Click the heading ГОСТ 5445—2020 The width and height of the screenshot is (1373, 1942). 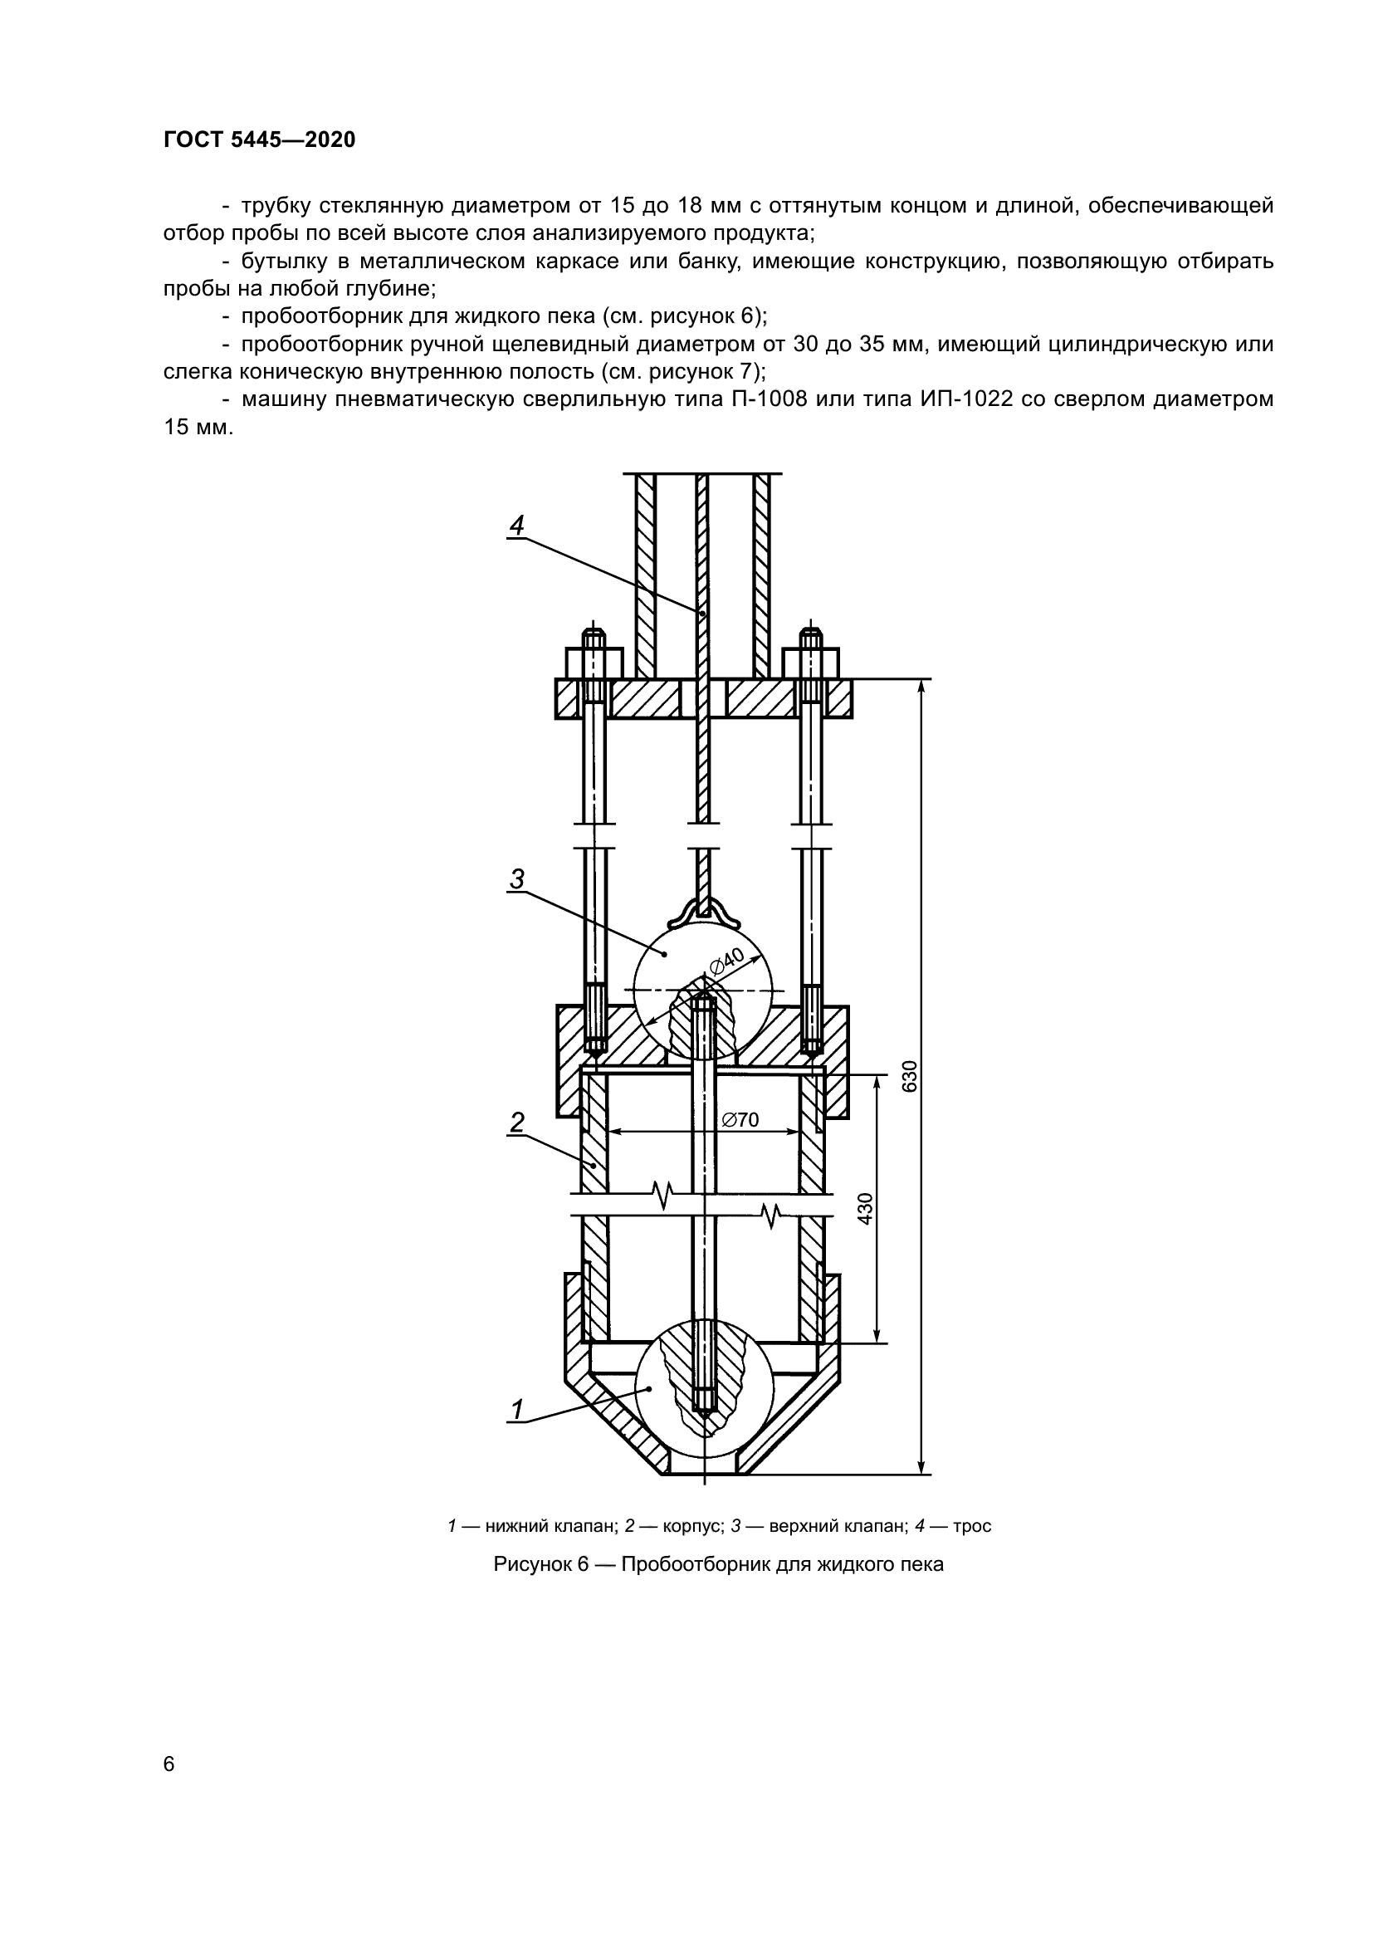tap(259, 139)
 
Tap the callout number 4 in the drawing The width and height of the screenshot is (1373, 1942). tap(516, 526)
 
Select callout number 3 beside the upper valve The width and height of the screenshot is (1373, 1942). tap(516, 879)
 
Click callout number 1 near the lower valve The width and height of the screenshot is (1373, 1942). tap(516, 1410)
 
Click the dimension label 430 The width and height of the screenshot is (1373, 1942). tap(864, 1209)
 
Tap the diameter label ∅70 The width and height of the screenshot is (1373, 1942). tap(740, 1120)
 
